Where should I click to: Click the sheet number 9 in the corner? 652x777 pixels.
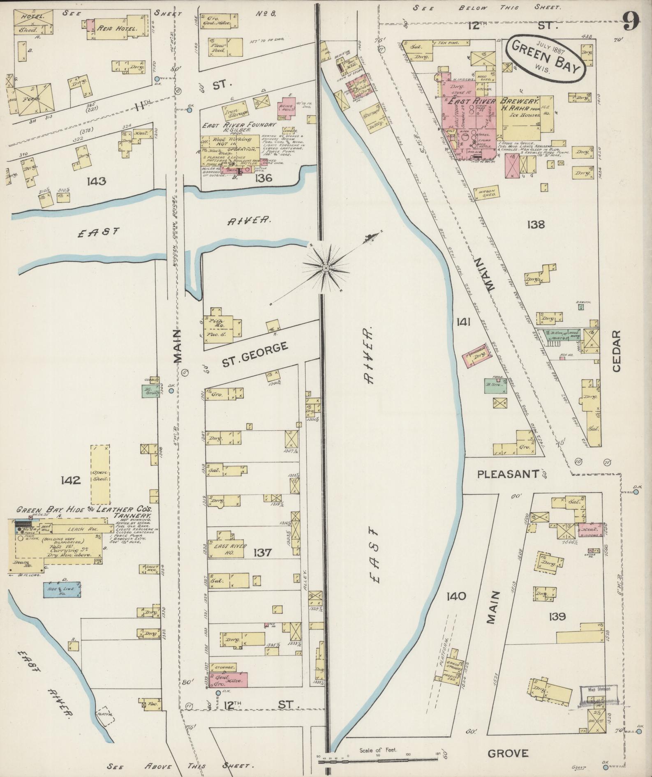[x=631, y=21]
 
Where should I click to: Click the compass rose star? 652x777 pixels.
[x=326, y=268]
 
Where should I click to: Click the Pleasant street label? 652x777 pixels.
[x=508, y=474]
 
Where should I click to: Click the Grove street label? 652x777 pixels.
[x=508, y=753]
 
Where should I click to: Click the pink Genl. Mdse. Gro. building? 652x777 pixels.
[x=229, y=680]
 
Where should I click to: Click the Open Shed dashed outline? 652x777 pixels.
[x=100, y=475]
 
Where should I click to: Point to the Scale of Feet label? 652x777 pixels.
[x=378, y=750]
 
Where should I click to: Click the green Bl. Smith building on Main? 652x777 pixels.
[x=151, y=392]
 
